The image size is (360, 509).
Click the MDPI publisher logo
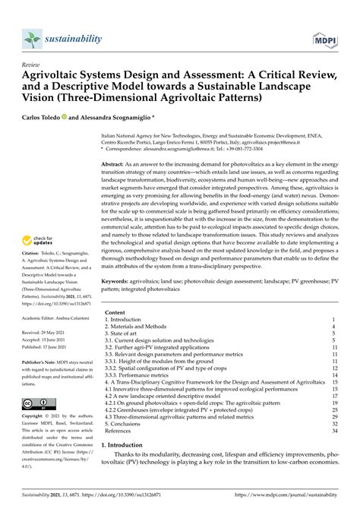tap(326, 38)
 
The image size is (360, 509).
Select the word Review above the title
tap(31, 66)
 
